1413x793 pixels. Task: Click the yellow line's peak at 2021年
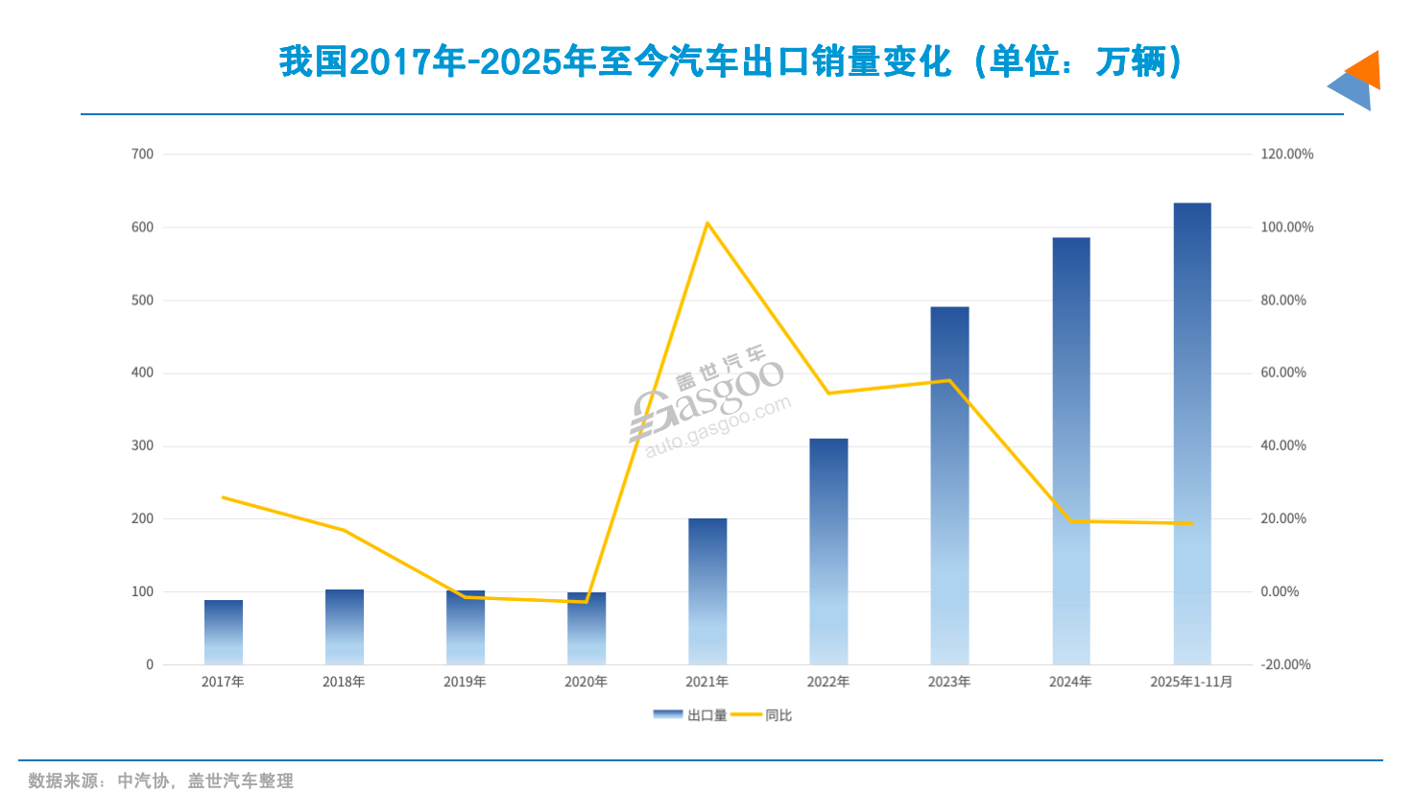click(x=707, y=224)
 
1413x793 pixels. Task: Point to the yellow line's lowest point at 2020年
click(x=586, y=602)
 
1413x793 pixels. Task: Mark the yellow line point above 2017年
click(x=223, y=497)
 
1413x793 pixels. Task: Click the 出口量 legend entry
click(x=691, y=715)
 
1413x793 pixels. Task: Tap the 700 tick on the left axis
click(x=142, y=154)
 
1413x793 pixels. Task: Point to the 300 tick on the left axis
click(x=142, y=445)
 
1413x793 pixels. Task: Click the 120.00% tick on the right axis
click(x=1286, y=154)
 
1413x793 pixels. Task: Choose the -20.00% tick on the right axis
click(x=1285, y=664)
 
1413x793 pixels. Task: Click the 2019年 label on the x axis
click(x=465, y=682)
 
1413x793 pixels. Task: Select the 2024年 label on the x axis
click(x=1070, y=682)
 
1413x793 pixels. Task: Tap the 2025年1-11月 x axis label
click(x=1191, y=682)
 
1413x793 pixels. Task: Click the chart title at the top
click(x=730, y=62)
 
